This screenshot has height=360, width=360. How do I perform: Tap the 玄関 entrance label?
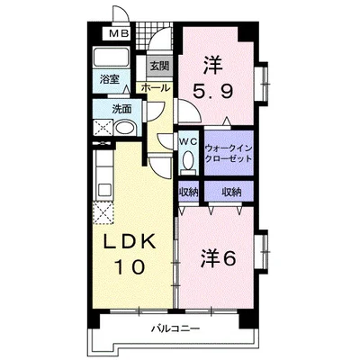pos(159,66)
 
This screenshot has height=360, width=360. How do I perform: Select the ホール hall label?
pos(156,88)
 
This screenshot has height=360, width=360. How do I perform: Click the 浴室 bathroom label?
pos(110,79)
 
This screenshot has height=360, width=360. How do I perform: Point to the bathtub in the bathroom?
pos(111,57)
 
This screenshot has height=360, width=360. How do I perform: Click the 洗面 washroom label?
pos(121,109)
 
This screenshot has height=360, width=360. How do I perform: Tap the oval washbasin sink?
pos(125,128)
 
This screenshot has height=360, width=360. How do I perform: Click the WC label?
pos(188,141)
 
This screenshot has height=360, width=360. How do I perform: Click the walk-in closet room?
pos(229,153)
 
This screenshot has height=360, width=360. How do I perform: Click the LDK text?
pos(130,242)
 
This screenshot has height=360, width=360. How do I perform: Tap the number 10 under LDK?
pos(130,267)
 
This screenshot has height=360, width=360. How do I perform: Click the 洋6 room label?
pos(218,258)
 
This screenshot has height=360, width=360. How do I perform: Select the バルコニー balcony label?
pos(175,328)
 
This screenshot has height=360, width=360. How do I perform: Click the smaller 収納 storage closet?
pos(189,192)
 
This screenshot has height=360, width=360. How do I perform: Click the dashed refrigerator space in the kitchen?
pos(103,212)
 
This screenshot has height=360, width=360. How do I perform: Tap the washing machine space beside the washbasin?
pos(103,128)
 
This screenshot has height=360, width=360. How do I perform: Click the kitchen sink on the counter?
pos(103,189)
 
